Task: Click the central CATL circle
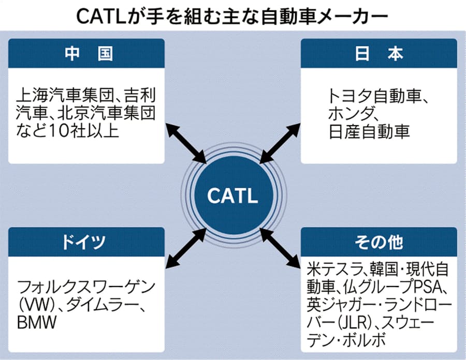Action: pyautogui.click(x=232, y=196)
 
